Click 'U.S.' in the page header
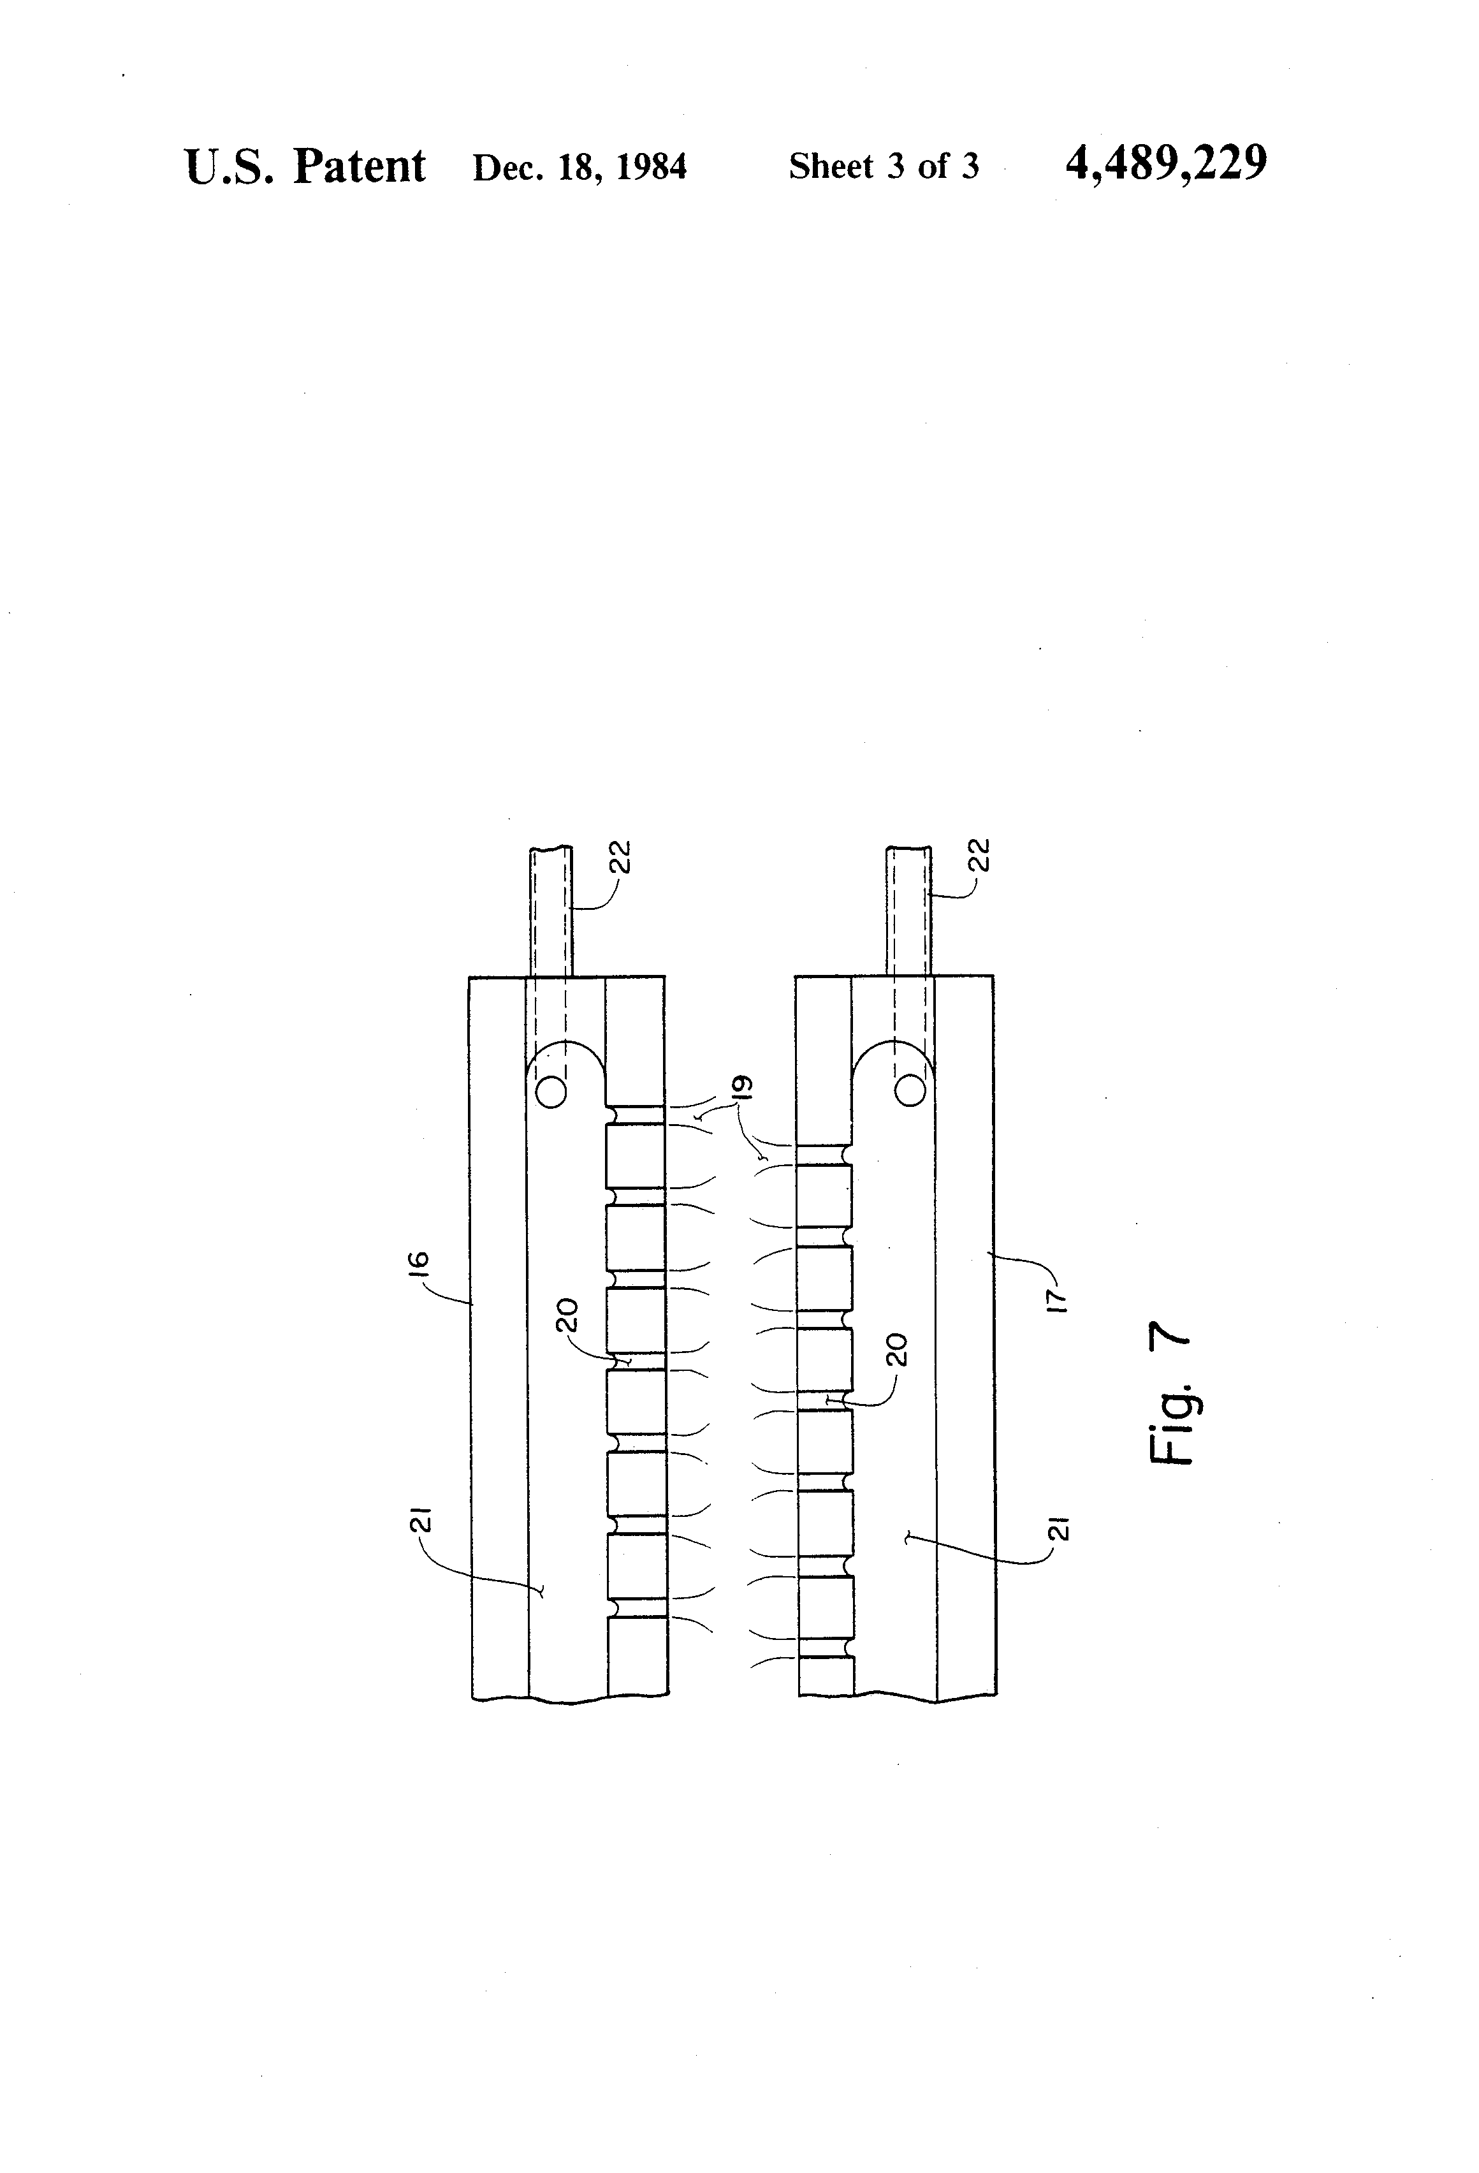click(x=230, y=167)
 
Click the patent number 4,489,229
click(x=1166, y=164)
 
